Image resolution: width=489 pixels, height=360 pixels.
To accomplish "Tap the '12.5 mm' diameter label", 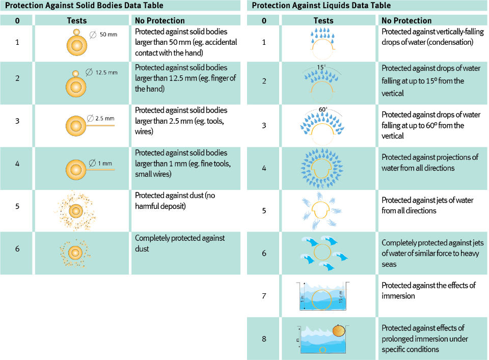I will click(106, 72).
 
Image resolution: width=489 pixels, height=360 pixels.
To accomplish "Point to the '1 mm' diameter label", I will click(104, 163).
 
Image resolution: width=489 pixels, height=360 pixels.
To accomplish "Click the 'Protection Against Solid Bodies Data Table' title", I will click(84, 6).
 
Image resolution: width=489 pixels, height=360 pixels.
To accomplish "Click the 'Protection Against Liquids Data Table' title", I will click(321, 6).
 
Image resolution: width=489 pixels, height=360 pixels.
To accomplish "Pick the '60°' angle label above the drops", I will click(323, 109).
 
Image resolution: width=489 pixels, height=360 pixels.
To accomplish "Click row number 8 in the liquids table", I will click(263, 339).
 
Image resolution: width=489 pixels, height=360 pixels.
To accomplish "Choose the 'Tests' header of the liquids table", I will click(323, 21).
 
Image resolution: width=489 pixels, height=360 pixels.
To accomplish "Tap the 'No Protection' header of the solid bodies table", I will click(159, 21).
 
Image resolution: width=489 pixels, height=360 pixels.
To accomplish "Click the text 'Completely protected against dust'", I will click(180, 243).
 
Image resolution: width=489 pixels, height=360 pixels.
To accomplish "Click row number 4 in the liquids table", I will click(263, 168).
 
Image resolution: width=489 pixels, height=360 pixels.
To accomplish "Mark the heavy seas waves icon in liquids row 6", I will click(322, 253).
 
